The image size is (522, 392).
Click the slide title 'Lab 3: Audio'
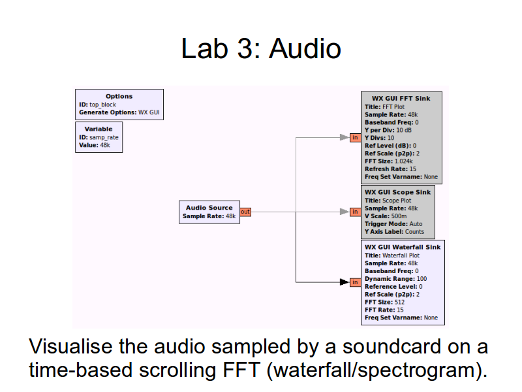(261, 49)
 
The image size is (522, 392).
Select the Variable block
(99, 137)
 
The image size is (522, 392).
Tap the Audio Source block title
(209, 208)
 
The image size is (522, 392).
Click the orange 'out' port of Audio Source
(245, 212)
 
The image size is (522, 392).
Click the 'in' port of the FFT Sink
(355, 138)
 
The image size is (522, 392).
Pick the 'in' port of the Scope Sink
(355, 212)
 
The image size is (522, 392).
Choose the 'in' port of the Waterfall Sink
(355, 282)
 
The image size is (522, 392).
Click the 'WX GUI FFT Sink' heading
(401, 99)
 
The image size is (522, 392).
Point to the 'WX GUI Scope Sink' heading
(397, 192)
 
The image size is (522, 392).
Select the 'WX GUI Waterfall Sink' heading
(403, 247)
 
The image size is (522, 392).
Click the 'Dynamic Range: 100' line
(395, 278)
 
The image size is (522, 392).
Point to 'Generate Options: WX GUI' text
(119, 112)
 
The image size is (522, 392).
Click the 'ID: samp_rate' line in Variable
(99, 137)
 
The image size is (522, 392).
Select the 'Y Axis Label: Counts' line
(394, 231)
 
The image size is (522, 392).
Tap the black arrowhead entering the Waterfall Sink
(344, 282)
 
